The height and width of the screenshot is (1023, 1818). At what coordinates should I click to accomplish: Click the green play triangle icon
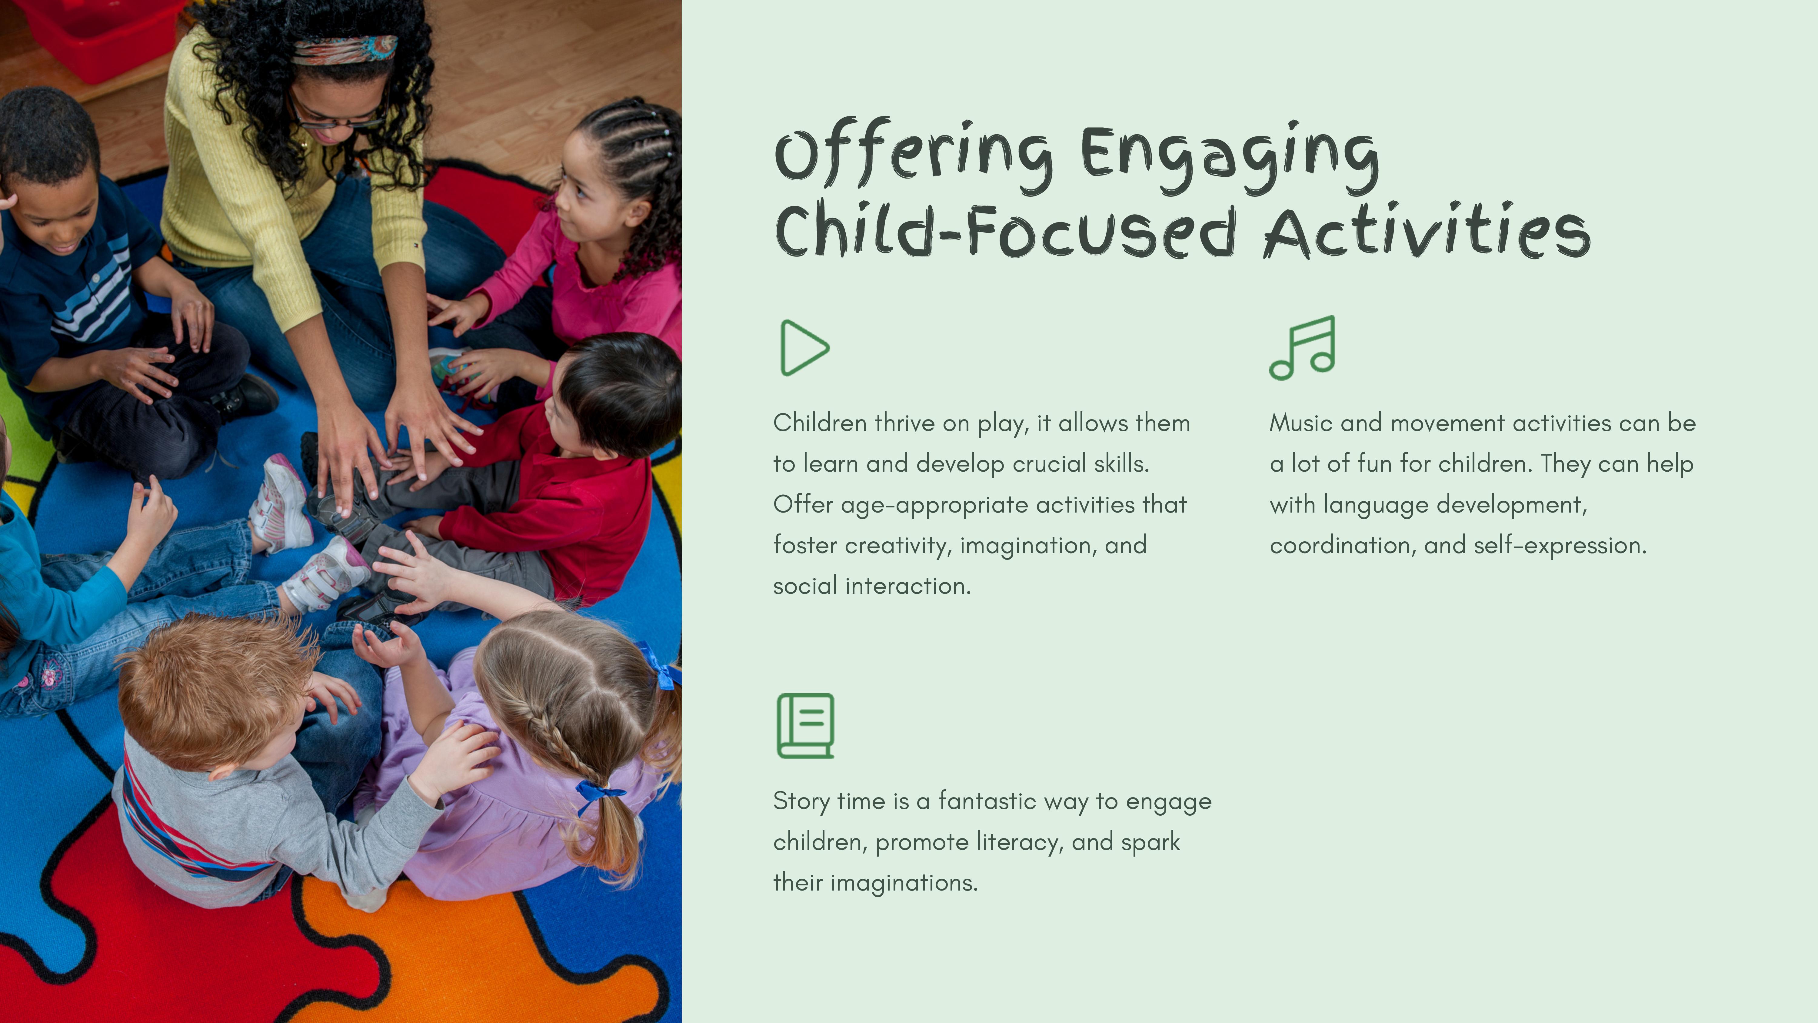pyautogui.click(x=783, y=347)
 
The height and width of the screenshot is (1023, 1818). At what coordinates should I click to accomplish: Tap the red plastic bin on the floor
pyautogui.click(x=95, y=35)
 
